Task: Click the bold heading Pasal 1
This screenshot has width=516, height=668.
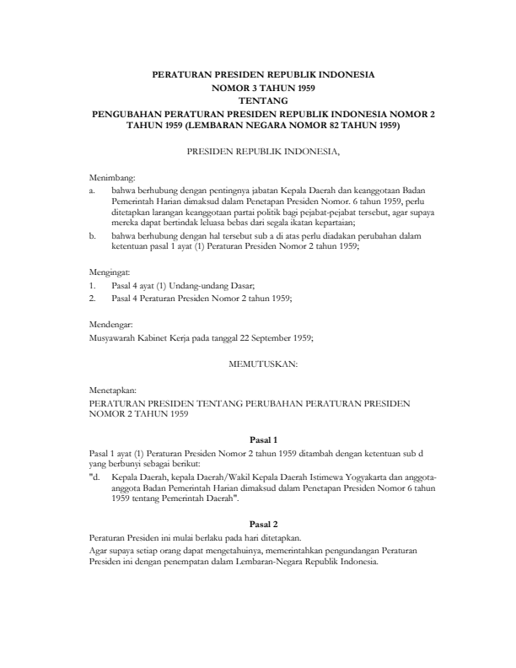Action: click(264, 439)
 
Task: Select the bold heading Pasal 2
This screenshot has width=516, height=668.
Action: click(264, 524)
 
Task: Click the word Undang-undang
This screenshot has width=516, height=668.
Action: click(192, 286)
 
